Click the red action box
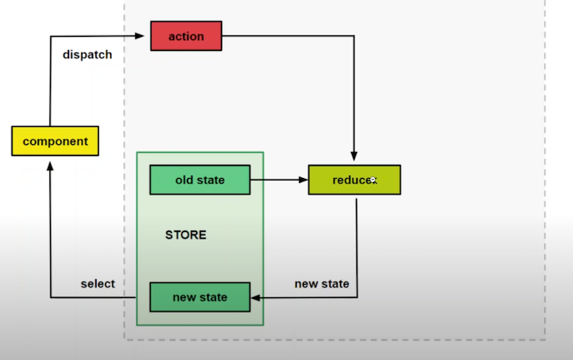[x=186, y=36]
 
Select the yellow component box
[x=55, y=141]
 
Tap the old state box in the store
[x=199, y=180]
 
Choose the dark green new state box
[x=199, y=297]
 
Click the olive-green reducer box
[x=354, y=180]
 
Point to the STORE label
[x=186, y=235]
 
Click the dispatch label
[x=87, y=55]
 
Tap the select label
[x=97, y=283]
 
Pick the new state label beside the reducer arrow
[x=322, y=283]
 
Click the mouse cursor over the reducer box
[x=373, y=180]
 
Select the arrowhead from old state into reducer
[x=303, y=180]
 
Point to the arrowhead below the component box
[x=50, y=161]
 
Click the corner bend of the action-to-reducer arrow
[x=354, y=36]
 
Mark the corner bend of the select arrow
[x=50, y=297]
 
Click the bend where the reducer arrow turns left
[x=358, y=297]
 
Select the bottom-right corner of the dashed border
[x=544, y=340]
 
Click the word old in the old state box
[x=184, y=180]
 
